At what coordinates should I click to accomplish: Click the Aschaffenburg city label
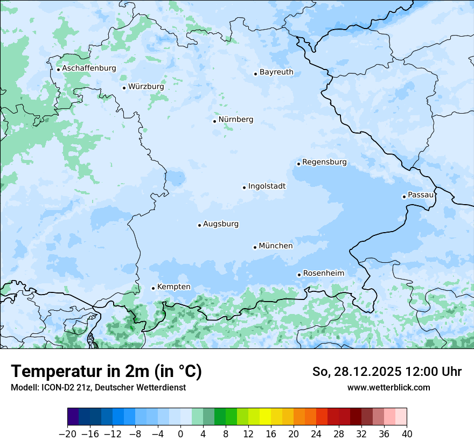coord(89,68)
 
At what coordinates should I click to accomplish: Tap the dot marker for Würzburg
coord(124,88)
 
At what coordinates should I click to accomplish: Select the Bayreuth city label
coord(276,72)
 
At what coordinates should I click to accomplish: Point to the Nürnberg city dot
coord(214,121)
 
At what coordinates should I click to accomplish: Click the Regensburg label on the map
coord(324,162)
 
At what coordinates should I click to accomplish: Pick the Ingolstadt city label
coord(267,186)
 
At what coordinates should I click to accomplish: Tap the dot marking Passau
coord(404,197)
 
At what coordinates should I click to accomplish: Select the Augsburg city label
coord(221,224)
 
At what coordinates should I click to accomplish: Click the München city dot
coord(255,247)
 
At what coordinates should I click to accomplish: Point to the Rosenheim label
coord(323,274)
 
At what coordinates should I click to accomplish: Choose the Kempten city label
coord(173,287)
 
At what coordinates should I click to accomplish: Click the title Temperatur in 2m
coord(106,372)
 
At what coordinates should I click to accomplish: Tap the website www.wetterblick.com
coord(388,387)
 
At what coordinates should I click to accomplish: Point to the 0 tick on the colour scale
coord(180,434)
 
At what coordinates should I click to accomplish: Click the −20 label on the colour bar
coord(68,434)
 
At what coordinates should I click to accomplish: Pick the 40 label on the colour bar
coord(407,434)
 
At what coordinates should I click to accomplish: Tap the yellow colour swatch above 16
coord(265,417)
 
